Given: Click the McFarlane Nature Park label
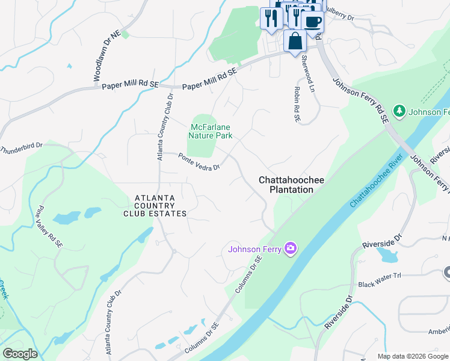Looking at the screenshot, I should (211, 131).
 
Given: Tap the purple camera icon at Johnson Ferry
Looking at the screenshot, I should (291, 248).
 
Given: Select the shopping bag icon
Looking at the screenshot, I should (295, 42).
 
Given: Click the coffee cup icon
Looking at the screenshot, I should (312, 22).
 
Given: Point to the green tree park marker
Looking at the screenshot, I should (399, 111).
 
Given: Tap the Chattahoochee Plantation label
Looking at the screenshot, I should (286, 185).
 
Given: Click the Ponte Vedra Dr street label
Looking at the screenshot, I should (199, 161).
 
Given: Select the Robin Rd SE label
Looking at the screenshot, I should (296, 103).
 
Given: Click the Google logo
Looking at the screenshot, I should (20, 354).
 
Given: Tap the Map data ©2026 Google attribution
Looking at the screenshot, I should (412, 356).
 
